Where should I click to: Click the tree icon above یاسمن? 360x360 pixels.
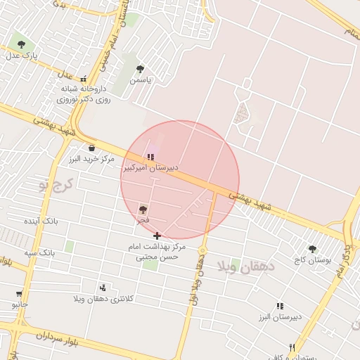tap(141, 69)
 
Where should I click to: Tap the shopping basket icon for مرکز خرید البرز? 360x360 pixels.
tap(92, 148)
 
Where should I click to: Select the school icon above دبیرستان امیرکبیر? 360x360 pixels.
tap(150, 157)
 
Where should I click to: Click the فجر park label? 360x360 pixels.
tap(143, 221)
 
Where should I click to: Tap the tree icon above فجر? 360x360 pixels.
tap(143, 210)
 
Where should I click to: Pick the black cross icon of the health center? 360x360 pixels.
tap(157, 236)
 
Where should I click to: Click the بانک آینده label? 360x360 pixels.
tap(40, 221)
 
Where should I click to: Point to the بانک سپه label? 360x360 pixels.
tap(39, 252)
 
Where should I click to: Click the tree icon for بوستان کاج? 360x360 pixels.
tap(312, 249)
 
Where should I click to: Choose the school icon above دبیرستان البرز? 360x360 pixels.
tap(281, 307)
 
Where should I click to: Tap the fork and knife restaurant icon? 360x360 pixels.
tap(292, 347)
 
